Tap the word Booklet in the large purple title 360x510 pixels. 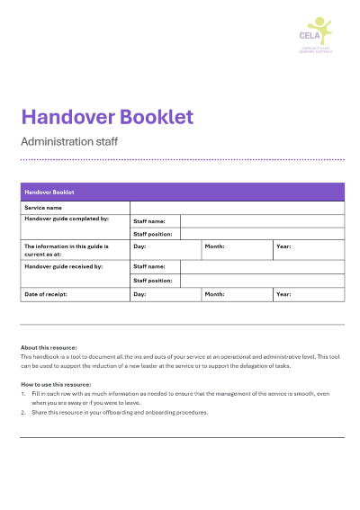tap(154, 117)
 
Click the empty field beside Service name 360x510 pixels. tap(237, 208)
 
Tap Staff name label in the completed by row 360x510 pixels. tap(148, 220)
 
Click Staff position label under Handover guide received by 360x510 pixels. tap(152, 281)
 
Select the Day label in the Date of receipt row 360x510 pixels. tap(139, 294)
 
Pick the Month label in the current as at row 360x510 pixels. tap(214, 246)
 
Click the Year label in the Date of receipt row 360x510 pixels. tap(283, 294)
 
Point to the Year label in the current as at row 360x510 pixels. tap(283, 246)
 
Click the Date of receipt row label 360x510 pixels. tap(45, 294)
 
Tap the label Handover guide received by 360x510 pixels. tap(63, 266)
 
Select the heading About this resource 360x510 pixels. tap(49, 347)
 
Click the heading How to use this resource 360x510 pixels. tap(56, 384)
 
